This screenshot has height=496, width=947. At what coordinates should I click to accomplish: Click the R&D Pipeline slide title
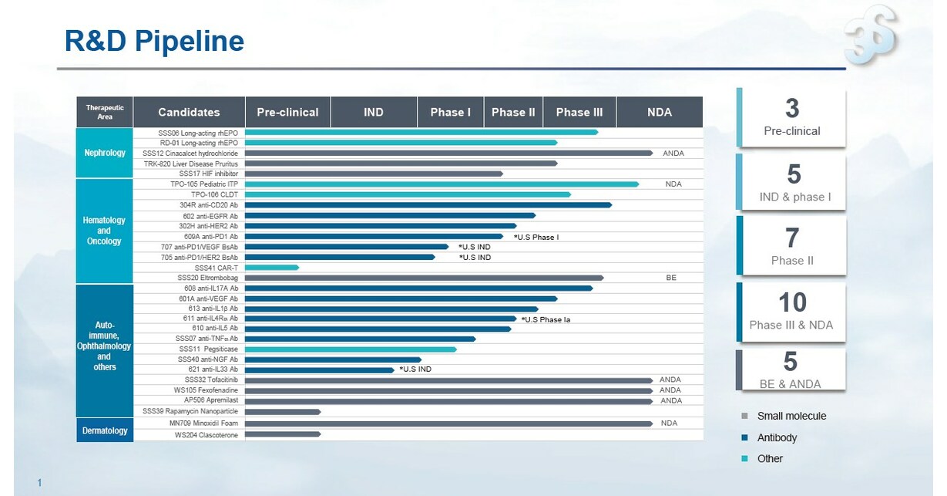click(x=154, y=42)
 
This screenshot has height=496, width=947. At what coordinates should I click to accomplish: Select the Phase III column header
click(x=579, y=112)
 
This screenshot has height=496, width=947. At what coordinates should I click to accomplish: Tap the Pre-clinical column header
click(x=287, y=112)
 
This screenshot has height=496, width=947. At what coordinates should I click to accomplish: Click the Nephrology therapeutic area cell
click(x=105, y=153)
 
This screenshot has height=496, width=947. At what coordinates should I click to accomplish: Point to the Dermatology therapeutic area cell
click(x=105, y=430)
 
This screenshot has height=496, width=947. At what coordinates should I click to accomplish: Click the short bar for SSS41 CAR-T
click(x=271, y=268)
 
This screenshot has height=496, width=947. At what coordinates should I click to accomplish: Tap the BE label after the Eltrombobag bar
click(x=670, y=278)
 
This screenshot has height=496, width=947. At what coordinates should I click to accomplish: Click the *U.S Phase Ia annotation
click(x=546, y=319)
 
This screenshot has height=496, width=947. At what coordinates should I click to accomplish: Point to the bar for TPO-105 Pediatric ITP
click(x=441, y=184)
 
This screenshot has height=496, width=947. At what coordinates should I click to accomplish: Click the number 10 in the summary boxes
click(x=791, y=302)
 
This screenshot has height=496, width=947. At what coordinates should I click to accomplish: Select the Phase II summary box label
click(x=792, y=261)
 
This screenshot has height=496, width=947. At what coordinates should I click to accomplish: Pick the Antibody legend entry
click(x=777, y=438)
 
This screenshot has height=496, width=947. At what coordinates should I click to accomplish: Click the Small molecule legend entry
click(x=791, y=417)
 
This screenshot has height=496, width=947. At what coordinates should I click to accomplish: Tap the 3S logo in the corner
click(x=871, y=35)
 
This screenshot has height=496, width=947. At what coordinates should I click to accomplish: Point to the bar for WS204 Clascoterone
click(x=282, y=435)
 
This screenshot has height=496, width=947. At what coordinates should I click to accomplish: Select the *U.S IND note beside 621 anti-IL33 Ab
click(x=415, y=369)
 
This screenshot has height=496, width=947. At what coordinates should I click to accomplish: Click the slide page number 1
click(x=39, y=484)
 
